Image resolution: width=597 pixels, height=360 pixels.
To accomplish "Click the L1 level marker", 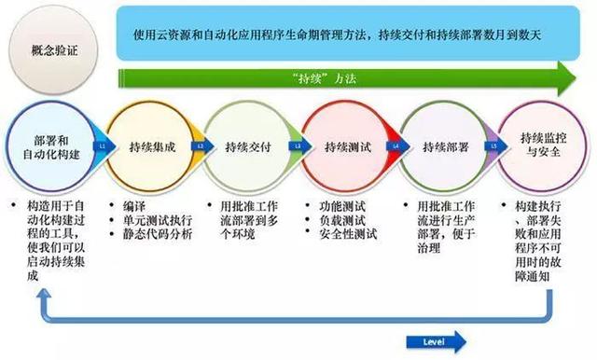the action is point(101,146).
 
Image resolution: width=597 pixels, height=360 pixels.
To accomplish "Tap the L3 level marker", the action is point(298,146).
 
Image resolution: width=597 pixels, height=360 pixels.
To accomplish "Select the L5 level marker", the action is point(493,146).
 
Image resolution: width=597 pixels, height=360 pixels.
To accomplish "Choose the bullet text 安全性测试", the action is point(346,234).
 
